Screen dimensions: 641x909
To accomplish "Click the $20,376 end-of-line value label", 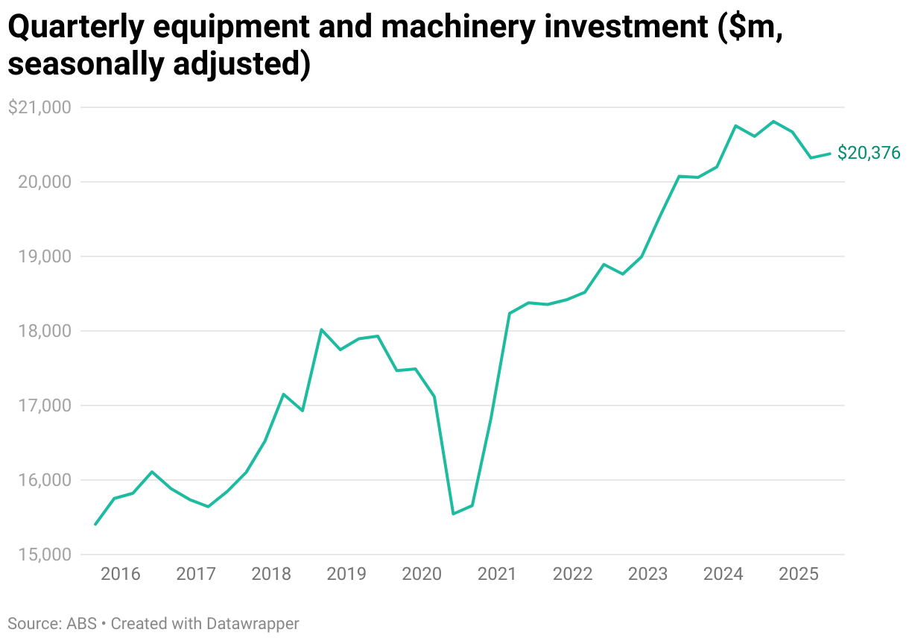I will click(869, 153).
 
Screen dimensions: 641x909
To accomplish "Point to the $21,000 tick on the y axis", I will click(39, 107).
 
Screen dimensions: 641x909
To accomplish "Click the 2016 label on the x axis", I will click(121, 575).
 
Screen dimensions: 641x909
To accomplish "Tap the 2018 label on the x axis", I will click(271, 575).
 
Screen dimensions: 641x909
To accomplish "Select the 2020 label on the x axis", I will click(422, 575).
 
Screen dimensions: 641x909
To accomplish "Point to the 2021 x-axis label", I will click(497, 575).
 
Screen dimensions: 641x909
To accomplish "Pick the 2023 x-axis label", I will click(647, 575).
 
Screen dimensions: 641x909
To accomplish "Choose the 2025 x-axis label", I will click(798, 575).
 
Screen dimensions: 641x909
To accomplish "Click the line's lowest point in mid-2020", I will click(453, 514).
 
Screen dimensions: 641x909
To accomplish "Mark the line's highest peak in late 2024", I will click(773, 121).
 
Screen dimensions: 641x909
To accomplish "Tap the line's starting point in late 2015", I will click(95, 525).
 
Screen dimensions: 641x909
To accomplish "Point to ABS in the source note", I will click(81, 623).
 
